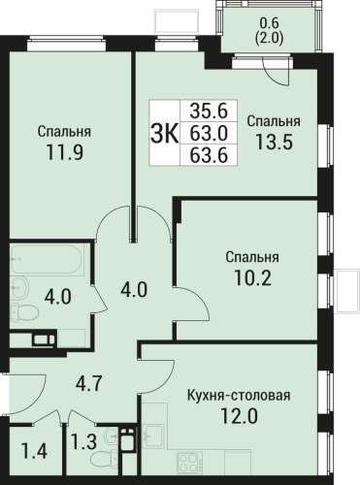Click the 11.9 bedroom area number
click(x=65, y=152)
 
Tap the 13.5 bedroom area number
click(x=275, y=142)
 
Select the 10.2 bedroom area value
click(x=252, y=277)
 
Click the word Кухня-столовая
click(x=239, y=396)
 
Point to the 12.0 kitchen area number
click(x=240, y=416)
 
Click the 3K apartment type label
click(x=164, y=134)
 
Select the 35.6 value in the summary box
click(x=209, y=111)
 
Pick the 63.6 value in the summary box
click(x=209, y=155)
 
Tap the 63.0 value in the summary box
click(x=209, y=133)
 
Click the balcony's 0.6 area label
click(x=269, y=23)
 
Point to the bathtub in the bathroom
click(x=48, y=259)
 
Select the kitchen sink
click(x=152, y=436)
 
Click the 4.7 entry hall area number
click(x=89, y=383)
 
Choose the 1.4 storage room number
click(x=35, y=451)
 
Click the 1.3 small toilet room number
click(x=83, y=442)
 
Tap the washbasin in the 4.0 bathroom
click(x=20, y=287)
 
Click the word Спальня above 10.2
click(x=252, y=257)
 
